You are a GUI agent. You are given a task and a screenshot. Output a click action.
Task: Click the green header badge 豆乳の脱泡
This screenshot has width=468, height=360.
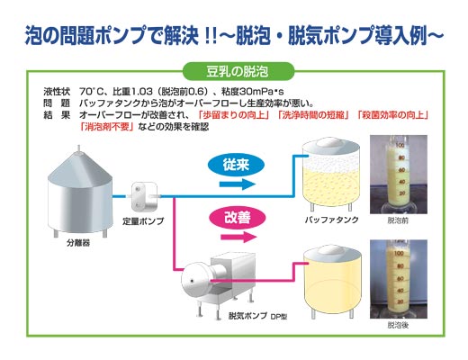[238, 71]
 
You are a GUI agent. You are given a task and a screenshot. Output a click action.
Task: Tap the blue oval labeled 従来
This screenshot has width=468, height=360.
[236, 165]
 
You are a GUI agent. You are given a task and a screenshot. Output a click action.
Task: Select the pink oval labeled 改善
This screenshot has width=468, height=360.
[238, 218]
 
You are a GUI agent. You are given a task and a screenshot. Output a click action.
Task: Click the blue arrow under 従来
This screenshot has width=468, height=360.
[238, 184]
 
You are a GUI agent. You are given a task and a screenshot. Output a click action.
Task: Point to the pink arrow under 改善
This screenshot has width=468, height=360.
[238, 237]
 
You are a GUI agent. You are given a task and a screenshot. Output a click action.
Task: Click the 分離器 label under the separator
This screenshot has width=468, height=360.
[78, 243]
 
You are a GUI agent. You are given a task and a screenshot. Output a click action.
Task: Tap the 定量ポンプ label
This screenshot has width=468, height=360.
[143, 221]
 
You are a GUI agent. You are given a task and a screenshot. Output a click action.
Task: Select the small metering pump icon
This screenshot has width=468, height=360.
[144, 196]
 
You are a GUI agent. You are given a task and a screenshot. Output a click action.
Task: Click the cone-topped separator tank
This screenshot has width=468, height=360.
[80, 191]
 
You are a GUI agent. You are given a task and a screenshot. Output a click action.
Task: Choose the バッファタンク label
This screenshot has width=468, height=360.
[331, 220]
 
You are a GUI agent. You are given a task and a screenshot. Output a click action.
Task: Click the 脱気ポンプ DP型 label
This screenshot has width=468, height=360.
[258, 316]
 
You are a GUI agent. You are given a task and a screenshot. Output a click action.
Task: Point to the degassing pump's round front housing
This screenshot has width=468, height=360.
[195, 281]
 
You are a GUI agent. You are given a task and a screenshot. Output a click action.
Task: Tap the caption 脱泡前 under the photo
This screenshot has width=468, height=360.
[398, 220]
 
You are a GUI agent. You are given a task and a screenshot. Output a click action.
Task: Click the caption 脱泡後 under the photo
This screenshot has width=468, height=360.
[398, 325]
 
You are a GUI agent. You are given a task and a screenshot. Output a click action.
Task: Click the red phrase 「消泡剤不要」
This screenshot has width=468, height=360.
[107, 127]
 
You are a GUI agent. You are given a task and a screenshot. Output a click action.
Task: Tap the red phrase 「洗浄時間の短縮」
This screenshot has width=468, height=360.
[313, 115]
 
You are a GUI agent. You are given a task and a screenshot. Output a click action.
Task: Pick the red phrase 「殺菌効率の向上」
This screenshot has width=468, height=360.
[393, 115]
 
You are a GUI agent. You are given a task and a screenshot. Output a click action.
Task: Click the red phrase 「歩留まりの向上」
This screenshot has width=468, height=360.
[234, 115]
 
